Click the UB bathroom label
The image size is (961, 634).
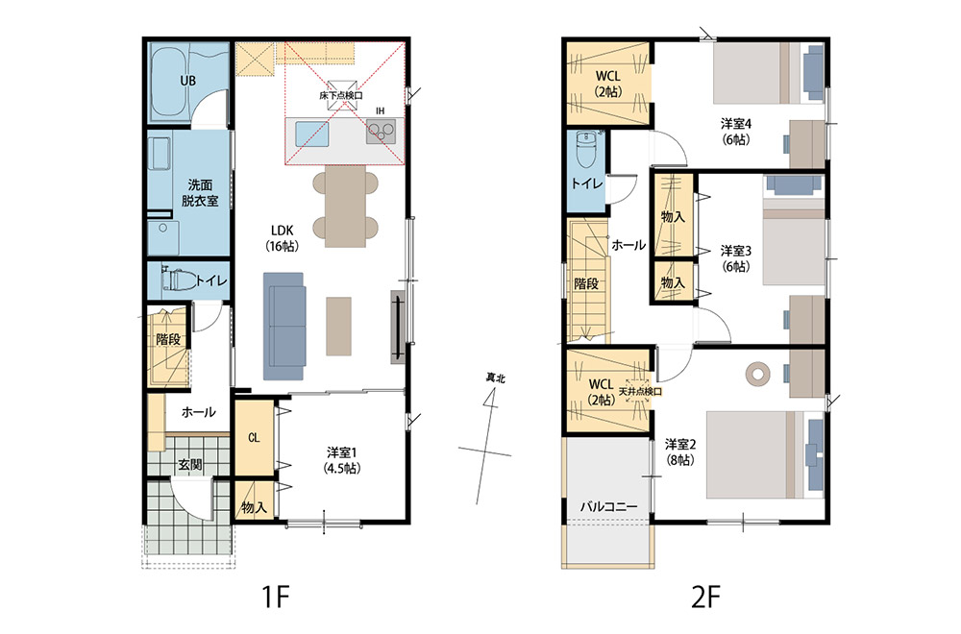pos(187,81)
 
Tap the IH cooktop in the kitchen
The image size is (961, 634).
pos(381,132)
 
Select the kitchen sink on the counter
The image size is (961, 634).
pos(312,134)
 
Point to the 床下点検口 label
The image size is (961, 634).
pos(341,95)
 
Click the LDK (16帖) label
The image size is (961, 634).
pos(283,238)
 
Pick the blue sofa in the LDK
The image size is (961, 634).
pos(283,326)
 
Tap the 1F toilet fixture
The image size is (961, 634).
pos(179,280)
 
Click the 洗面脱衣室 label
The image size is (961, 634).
pos(200,192)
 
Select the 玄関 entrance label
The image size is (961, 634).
pos(190,465)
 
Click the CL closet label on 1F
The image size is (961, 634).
pos(254,437)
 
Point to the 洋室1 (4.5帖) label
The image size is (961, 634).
pos(342,461)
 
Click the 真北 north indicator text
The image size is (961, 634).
pos(495,378)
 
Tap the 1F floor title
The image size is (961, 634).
pos(275,597)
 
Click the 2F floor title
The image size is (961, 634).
pos(706,597)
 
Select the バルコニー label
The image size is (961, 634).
pos(608,506)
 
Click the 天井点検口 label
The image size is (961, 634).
pos(640,391)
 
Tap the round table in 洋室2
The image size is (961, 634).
pos(758,372)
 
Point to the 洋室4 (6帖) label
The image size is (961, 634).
pos(736,132)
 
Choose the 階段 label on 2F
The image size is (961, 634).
pos(586,284)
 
